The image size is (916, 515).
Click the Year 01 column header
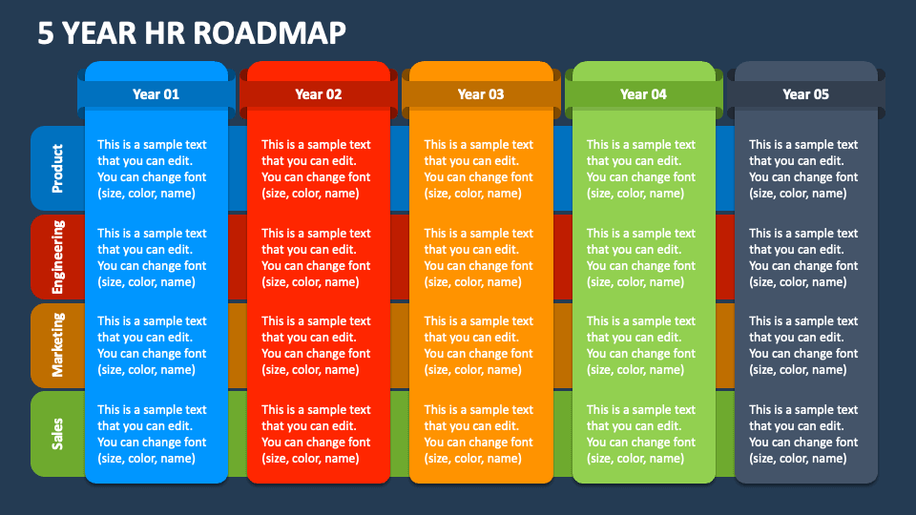(156, 94)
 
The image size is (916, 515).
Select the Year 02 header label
(318, 94)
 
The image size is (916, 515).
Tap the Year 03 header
(481, 94)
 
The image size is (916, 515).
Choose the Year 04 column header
(643, 94)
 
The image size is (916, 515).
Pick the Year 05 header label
(805, 94)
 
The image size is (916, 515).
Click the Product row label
(57, 168)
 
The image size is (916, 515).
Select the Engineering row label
(57, 257)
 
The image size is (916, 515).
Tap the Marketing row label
(57, 344)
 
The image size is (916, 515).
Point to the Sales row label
(57, 433)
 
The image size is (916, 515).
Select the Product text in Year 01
(152, 169)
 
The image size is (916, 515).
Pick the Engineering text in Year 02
(316, 257)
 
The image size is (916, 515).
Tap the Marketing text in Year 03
(479, 345)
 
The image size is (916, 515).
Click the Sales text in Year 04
(641, 434)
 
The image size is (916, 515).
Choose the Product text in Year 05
(803, 169)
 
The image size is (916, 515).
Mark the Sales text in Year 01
(152, 434)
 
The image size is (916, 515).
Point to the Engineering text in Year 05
(803, 257)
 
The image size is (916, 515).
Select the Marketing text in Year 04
(641, 345)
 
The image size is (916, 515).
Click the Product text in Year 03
(479, 169)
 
